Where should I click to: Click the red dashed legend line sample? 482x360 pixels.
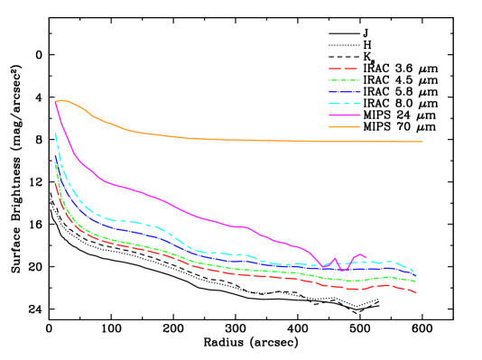pyautogui.click(x=344, y=69)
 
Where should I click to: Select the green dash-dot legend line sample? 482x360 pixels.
pyautogui.click(x=344, y=80)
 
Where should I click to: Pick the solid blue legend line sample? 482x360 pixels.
pyautogui.click(x=344, y=92)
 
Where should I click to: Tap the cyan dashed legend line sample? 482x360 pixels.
pyautogui.click(x=344, y=104)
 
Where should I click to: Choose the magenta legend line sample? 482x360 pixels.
pyautogui.click(x=344, y=115)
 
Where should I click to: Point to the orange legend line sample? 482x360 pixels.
pyautogui.click(x=344, y=127)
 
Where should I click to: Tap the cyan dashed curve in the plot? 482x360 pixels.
pyautogui.click(x=135, y=221)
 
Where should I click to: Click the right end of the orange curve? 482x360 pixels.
pyautogui.click(x=422, y=142)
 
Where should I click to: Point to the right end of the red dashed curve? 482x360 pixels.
pyautogui.click(x=416, y=293)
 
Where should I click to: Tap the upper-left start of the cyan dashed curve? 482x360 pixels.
pyautogui.click(x=55, y=134)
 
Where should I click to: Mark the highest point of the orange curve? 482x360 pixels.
pyautogui.click(x=61, y=100)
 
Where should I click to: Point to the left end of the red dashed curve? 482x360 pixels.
pyautogui.click(x=56, y=183)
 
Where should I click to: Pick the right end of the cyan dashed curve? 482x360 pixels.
pyautogui.click(x=416, y=273)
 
